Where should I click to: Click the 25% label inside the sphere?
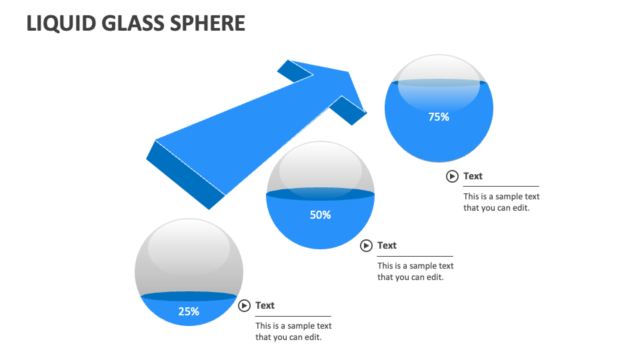coord(189,311)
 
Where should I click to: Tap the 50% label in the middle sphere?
coord(320,215)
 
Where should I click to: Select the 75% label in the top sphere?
coord(439,117)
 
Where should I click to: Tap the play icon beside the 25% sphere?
coord(245,305)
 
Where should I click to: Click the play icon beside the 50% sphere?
coord(366,245)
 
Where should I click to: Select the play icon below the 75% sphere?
coord(452,176)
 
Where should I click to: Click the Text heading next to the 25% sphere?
coord(265,305)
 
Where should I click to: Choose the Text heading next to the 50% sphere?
coord(387,245)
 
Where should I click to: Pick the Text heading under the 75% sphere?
coord(473,176)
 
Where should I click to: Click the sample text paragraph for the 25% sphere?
coord(293,331)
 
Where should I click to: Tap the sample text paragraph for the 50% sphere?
coord(415,271)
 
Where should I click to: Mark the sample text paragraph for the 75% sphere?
coord(501,202)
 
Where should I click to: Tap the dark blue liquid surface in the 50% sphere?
coord(320,195)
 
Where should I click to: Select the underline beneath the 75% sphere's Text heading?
coord(501,186)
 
